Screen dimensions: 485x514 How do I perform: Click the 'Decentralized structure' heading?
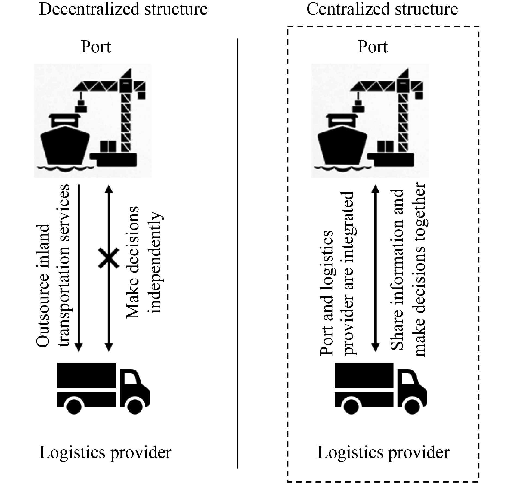click(123, 9)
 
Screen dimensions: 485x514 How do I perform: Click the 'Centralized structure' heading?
click(382, 9)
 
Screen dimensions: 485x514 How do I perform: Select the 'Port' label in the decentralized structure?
click(96, 47)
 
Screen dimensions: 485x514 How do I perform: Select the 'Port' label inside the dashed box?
click(372, 47)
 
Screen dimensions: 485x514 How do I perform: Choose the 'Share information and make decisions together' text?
click(408, 269)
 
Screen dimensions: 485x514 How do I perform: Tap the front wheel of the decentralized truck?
click(135, 406)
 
